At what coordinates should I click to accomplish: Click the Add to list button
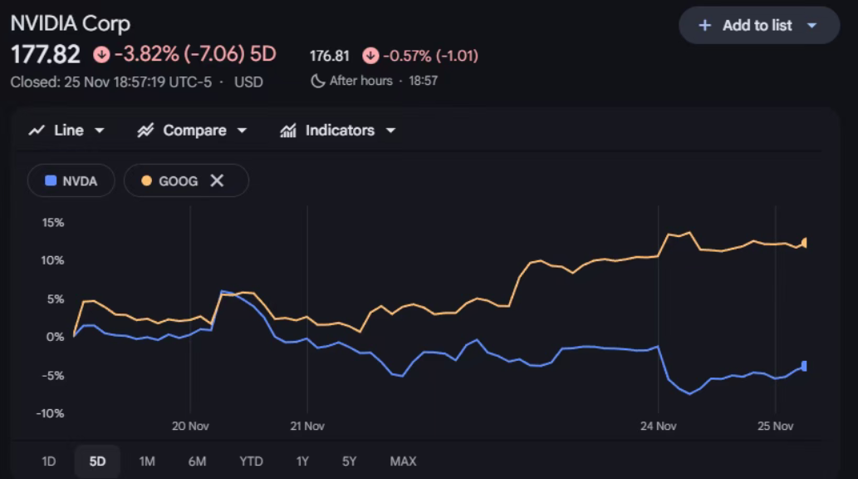point(758,25)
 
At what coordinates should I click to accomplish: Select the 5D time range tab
point(97,461)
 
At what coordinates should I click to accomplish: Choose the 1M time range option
point(147,461)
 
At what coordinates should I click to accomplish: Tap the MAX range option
point(403,461)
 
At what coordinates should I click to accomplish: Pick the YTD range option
point(251,461)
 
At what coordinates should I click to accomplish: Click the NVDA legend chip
point(71,180)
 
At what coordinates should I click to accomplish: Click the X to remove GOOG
point(217,180)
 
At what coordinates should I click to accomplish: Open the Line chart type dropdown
point(66,131)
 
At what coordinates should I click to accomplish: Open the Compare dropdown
point(193,131)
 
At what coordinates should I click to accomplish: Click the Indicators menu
point(338,131)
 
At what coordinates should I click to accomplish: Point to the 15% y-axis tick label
point(52,222)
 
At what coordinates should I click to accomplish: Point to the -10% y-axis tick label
point(51,413)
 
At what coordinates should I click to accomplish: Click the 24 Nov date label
point(658,426)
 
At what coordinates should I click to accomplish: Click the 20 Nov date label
point(190,426)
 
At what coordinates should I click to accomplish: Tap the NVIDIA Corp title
point(70,22)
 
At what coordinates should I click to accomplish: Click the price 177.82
point(46,55)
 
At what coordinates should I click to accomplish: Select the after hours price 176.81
point(330,56)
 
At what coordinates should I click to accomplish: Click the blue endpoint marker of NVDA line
point(803,366)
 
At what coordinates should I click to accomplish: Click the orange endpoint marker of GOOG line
point(804,243)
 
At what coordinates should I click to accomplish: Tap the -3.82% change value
point(146,55)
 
